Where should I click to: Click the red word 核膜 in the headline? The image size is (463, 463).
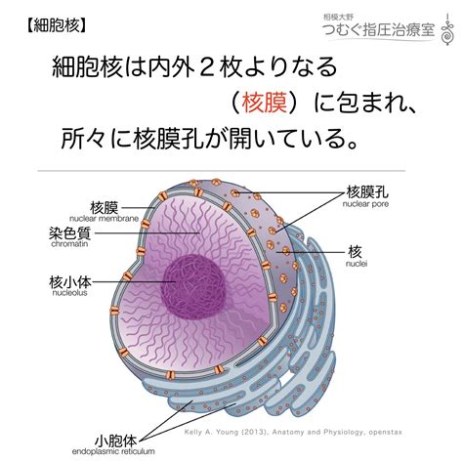coord(264,103)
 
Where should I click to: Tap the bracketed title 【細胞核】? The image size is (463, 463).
coord(57,25)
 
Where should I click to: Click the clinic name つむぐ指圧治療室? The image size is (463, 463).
coord(379,30)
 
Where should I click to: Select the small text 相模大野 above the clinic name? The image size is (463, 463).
coord(338,17)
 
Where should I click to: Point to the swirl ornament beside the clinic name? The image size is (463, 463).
coord(448,30)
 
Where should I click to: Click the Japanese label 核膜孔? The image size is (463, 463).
coord(367,191)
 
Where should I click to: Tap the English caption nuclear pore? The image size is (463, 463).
coord(365,204)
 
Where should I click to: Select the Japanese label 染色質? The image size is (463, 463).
coord(70,232)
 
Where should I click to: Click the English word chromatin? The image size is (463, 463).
coord(69,244)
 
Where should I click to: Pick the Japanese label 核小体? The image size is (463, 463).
coord(70,281)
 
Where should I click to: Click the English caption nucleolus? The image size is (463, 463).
coord(70,293)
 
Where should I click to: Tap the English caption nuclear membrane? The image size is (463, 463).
coord(104,219)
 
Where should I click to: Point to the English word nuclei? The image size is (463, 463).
coord(357,264)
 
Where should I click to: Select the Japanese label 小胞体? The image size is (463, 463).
coord(116,442)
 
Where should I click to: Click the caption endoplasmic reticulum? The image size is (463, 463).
coord(113,452)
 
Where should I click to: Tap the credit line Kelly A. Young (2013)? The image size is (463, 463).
coord(227,432)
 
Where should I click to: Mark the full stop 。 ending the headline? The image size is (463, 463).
coord(351,144)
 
